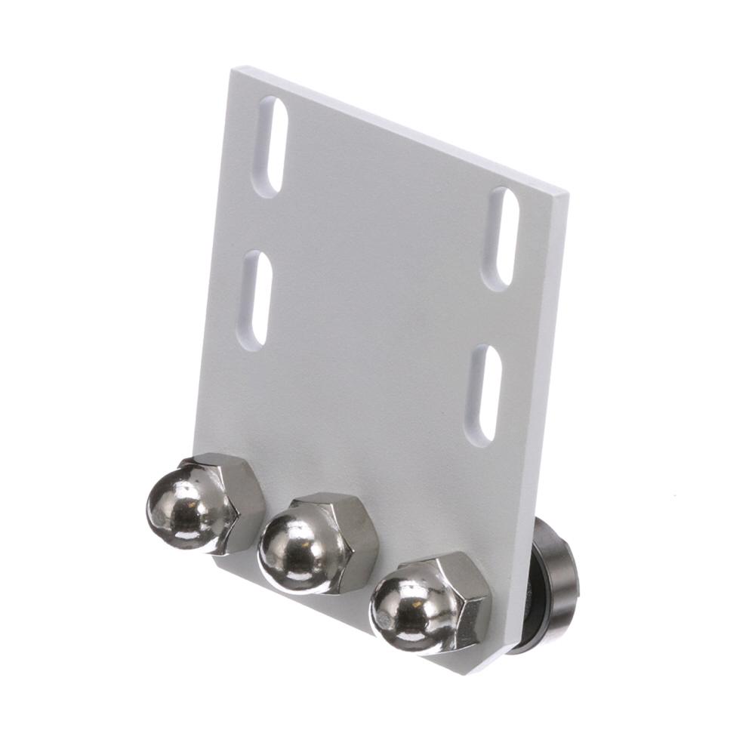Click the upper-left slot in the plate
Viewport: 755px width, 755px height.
[x=270, y=147]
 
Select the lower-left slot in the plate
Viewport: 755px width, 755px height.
[x=257, y=299]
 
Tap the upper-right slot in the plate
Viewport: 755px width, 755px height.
[x=504, y=238]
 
